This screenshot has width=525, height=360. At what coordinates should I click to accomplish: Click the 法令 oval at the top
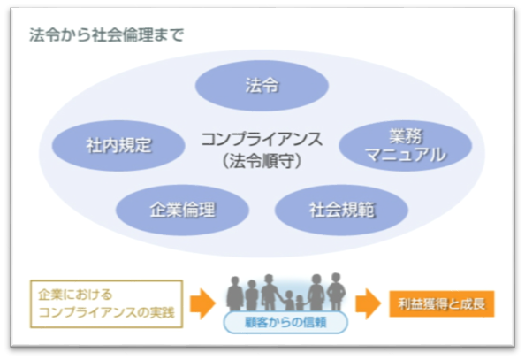click(x=262, y=86)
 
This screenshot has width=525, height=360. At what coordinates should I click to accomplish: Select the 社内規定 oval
click(x=118, y=146)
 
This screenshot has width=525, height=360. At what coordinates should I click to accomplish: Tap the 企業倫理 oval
click(x=182, y=210)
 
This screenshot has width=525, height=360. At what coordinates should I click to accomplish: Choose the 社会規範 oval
click(x=341, y=210)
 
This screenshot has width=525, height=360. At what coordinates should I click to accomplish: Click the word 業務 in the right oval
click(x=406, y=136)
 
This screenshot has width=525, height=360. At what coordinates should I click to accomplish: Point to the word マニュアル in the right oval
click(x=406, y=155)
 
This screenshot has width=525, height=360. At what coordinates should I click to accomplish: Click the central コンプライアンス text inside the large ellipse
click(x=262, y=139)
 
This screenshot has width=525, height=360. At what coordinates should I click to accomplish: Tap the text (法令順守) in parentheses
click(x=262, y=161)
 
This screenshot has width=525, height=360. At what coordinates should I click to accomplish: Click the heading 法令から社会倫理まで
click(x=106, y=34)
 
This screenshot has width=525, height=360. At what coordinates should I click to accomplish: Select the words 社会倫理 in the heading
click(x=122, y=34)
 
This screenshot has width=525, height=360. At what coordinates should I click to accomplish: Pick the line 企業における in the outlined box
click(x=75, y=295)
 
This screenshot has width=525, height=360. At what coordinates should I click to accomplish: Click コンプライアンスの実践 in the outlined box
click(x=106, y=312)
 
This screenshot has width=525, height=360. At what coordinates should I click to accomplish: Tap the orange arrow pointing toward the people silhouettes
click(x=202, y=303)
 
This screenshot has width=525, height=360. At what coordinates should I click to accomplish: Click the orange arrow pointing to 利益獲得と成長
click(x=368, y=303)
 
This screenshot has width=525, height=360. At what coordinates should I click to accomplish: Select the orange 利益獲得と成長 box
click(x=442, y=303)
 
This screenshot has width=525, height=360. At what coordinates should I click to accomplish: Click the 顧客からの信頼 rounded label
click(x=285, y=323)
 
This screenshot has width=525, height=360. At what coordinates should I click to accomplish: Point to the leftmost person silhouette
click(x=235, y=294)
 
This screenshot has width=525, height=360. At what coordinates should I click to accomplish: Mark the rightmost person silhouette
click(x=337, y=291)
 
